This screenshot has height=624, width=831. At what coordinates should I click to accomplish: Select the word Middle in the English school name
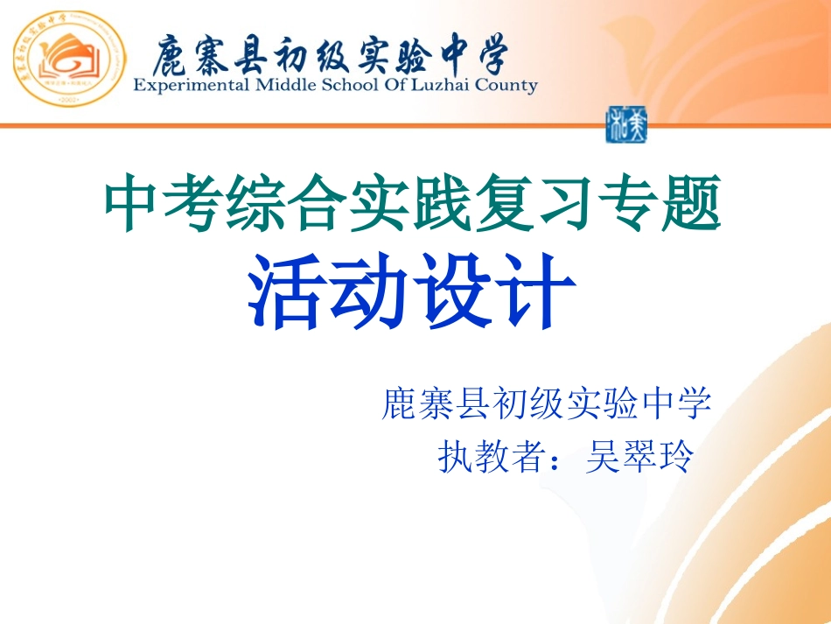click(x=283, y=86)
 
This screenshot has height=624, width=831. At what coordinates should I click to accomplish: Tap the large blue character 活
click(x=285, y=294)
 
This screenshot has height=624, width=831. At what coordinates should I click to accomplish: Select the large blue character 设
click(x=455, y=294)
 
